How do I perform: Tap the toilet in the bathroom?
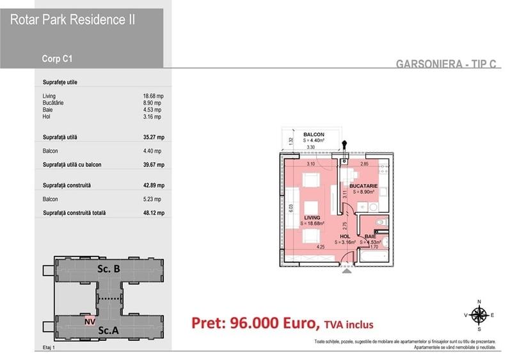tap(380, 223)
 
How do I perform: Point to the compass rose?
tap(478, 314)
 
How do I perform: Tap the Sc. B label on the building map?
tap(108, 269)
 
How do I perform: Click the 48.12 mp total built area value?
tap(154, 213)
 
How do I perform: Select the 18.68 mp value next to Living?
tap(154, 96)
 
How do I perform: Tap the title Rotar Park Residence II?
tap(72, 20)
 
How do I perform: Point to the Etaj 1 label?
tap(42, 347)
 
